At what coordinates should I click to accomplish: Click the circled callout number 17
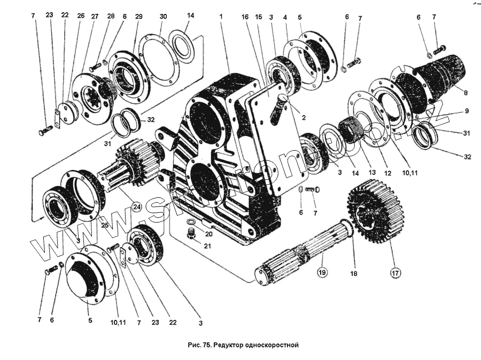(x=395, y=273)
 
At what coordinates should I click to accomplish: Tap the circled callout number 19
(x=322, y=273)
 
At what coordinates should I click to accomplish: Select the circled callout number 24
(x=136, y=206)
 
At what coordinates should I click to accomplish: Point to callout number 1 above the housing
(x=220, y=17)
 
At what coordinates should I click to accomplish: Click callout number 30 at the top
(x=162, y=17)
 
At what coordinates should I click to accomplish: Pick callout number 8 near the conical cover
(x=466, y=93)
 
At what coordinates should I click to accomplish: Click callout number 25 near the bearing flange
(x=104, y=225)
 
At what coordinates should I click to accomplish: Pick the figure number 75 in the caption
(x=205, y=346)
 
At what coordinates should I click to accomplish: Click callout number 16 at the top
(x=245, y=17)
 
